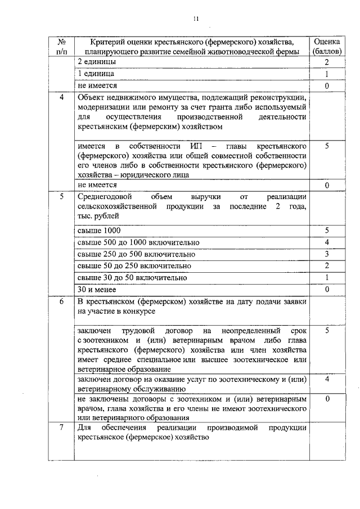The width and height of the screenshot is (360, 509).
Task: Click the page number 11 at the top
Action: (x=196, y=18)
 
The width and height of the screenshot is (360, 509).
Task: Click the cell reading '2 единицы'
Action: (x=97, y=62)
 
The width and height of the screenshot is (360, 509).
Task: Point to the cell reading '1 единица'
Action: (x=96, y=74)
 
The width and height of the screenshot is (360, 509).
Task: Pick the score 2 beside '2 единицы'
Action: (x=326, y=62)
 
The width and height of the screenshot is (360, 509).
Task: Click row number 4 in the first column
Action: (x=61, y=97)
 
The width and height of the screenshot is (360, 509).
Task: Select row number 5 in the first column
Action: (x=61, y=196)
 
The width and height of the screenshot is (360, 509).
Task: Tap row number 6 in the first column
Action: (x=61, y=301)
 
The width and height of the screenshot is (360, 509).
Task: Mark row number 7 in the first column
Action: (x=61, y=428)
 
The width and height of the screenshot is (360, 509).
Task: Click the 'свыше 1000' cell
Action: (x=99, y=231)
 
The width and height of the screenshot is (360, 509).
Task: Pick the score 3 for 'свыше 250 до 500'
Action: (x=326, y=254)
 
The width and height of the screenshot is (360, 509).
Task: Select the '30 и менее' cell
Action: (x=97, y=290)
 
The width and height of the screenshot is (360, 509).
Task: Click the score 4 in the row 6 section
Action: (x=326, y=380)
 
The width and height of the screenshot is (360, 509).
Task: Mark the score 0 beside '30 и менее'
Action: (x=326, y=290)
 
